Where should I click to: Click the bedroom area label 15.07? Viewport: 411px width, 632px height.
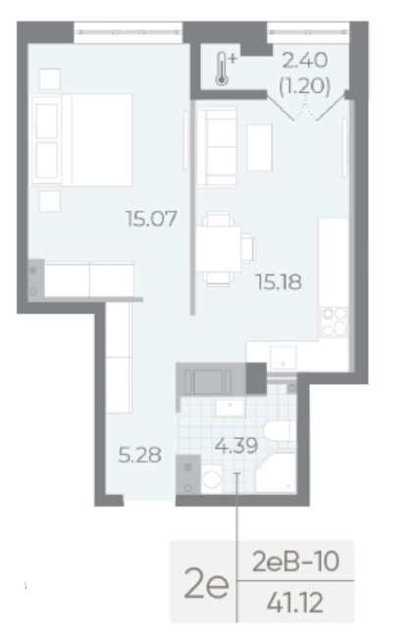151,219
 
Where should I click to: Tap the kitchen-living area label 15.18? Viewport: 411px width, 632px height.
279,282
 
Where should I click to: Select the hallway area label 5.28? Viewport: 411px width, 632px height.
139,455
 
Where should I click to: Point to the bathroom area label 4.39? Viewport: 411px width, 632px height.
236,446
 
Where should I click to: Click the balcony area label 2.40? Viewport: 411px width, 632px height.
304,61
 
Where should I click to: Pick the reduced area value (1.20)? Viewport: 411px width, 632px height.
304,85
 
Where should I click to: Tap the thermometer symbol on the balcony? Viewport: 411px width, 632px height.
224,69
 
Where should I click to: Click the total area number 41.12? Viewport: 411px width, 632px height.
295,603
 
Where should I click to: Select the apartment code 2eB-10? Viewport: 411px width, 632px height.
295,561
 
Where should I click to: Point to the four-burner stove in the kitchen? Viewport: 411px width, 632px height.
334,321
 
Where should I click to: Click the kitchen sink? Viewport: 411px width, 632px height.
283,358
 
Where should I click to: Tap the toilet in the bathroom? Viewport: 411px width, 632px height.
280,431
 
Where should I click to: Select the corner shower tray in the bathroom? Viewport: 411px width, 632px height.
276,472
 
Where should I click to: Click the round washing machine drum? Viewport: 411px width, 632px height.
212,479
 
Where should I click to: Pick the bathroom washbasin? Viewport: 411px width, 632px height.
230,407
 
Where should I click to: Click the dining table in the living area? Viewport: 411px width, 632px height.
218,249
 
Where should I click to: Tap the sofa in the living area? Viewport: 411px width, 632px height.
217,147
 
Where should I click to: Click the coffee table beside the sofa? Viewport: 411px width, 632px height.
259,148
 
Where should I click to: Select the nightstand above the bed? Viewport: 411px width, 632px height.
50,79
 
